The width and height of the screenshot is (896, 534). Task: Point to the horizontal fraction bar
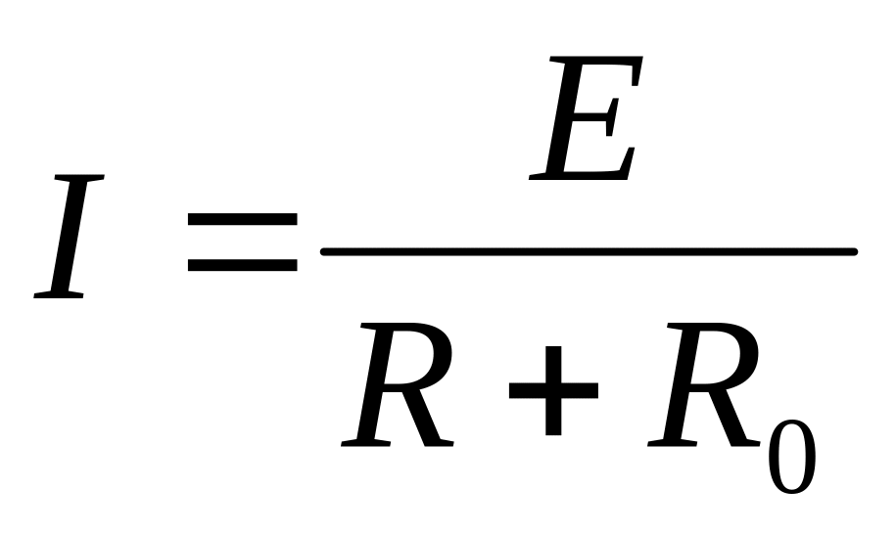tap(589, 252)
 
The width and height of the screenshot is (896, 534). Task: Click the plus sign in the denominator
tap(553, 390)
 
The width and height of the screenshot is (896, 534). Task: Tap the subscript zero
tap(791, 456)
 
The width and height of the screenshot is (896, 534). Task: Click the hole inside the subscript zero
tap(791, 456)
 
